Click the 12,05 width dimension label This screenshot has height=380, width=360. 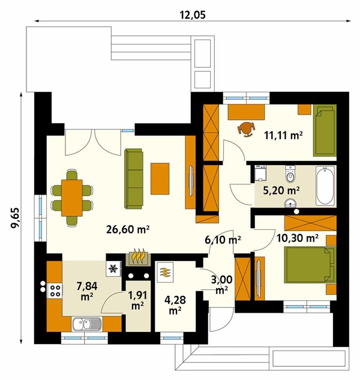click(193, 15)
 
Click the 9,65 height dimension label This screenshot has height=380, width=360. click(15, 218)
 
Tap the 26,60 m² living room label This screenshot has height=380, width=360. click(128, 229)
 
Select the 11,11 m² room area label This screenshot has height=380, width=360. click(283, 135)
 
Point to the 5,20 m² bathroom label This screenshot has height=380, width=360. click(281, 190)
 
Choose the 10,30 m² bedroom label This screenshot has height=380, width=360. click(298, 238)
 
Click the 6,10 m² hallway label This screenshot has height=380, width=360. click(223, 240)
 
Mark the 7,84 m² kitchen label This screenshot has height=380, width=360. click(87, 291)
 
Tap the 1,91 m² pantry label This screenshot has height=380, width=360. click(137, 300)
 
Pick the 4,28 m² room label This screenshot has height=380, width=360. click(175, 305)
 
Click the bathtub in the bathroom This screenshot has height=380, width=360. click(325, 185)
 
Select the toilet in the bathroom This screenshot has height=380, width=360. click(290, 173)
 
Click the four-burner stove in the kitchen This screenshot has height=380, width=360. click(55, 291)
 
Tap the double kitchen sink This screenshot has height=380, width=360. click(87, 324)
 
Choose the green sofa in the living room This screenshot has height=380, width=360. click(133, 178)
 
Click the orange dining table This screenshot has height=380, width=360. click(72, 198)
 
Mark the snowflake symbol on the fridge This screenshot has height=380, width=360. click(113, 268)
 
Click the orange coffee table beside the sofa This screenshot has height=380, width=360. click(160, 179)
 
